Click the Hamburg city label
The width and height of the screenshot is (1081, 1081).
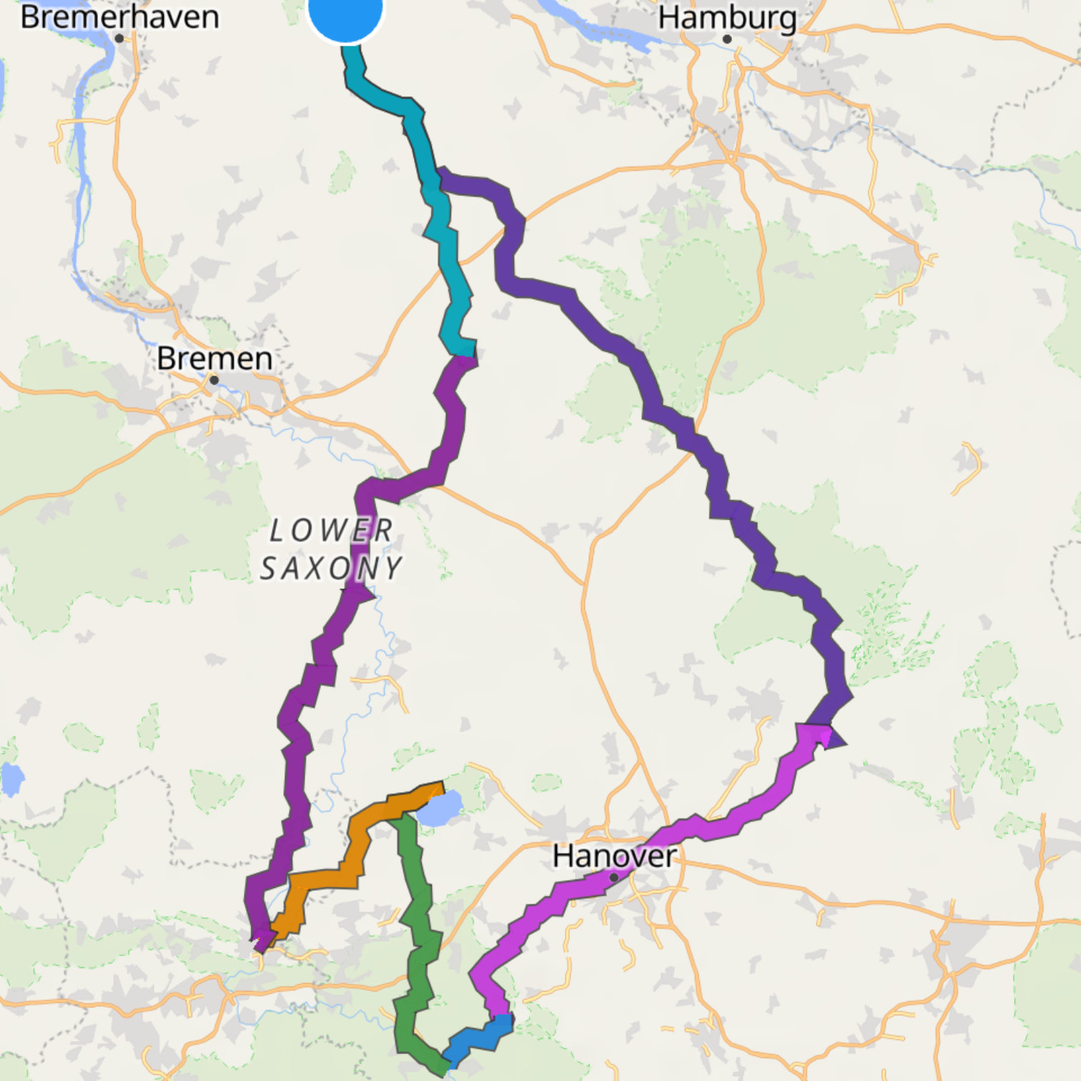727,17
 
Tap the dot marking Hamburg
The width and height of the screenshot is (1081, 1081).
727,39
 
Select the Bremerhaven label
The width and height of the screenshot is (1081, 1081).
119,16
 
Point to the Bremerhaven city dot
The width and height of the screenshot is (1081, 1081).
119,39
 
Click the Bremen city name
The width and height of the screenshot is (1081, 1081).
214,358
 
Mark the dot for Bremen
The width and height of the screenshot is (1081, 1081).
214,380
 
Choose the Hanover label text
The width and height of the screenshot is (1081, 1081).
614,856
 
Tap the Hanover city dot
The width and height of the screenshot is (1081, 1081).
613,877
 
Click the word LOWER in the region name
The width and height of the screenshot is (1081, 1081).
331,531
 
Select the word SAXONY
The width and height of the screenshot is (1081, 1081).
331,569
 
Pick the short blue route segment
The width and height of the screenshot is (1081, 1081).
477,1039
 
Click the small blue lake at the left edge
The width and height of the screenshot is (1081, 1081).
11,779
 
